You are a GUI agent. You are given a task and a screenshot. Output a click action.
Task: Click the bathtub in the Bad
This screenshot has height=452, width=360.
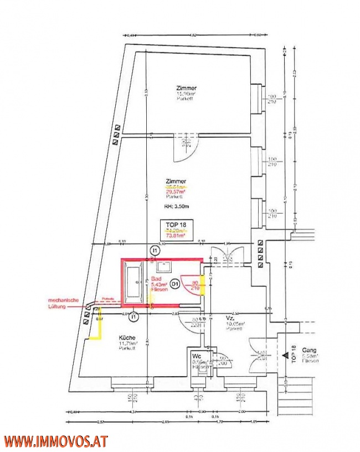[135, 282]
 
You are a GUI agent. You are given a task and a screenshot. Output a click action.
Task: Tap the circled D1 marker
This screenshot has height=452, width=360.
[174, 284]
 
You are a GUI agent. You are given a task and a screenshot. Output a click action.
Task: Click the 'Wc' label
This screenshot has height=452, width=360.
[196, 356]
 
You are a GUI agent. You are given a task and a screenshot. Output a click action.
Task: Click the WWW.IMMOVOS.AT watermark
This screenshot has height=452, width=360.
[55, 441]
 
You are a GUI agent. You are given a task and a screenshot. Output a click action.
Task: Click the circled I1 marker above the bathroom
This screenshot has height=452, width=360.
[155, 251]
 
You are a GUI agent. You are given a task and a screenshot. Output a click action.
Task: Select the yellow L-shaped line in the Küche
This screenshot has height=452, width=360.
[96, 330]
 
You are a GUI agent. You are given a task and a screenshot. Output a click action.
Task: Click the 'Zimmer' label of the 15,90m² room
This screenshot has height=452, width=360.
[186, 88]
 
